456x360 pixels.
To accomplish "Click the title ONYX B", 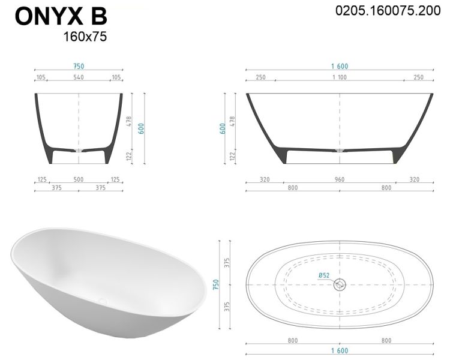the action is point(61,17).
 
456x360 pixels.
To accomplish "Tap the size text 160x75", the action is point(85,37).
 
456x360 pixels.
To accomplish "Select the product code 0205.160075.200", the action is point(388,11).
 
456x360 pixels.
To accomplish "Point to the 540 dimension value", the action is point(79,77).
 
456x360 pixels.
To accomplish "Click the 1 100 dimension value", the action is point(340,77).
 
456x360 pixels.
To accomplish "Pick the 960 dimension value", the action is point(340,179).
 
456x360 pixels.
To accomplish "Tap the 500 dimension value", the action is point(79,179).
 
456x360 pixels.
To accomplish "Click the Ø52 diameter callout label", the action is point(324,275).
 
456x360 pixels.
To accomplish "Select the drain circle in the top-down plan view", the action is point(340,284).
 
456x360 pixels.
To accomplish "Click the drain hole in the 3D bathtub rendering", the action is point(103,301).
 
